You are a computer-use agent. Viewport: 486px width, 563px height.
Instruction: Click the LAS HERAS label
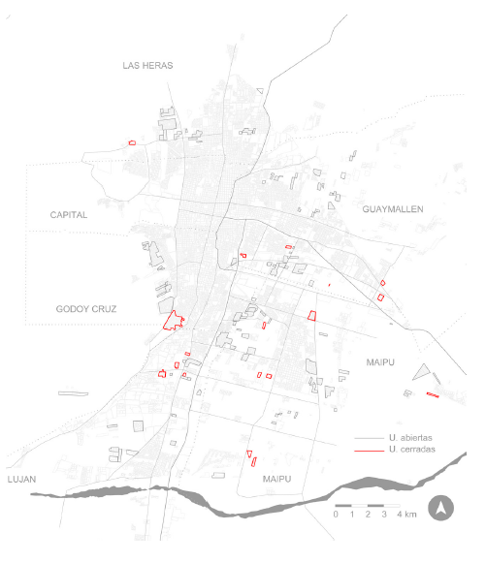(147, 65)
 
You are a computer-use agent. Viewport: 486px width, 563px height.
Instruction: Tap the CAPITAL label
(69, 214)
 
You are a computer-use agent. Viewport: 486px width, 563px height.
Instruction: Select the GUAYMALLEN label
(393, 209)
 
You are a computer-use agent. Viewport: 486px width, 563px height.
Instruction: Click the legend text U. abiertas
(410, 439)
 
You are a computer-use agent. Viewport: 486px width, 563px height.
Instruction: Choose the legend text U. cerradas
(410, 451)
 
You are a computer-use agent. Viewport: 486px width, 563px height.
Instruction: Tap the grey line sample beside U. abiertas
(367, 439)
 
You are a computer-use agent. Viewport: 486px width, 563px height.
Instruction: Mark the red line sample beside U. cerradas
(367, 451)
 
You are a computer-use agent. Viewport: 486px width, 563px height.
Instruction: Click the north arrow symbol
(441, 506)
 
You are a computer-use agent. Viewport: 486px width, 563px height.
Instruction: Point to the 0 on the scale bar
(335, 515)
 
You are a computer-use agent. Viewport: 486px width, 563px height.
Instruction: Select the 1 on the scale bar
(351, 515)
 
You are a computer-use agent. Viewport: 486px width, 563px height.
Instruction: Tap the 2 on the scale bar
(368, 515)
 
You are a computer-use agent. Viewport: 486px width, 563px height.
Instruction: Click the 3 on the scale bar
(384, 515)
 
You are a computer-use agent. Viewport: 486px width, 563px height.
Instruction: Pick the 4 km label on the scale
(405, 515)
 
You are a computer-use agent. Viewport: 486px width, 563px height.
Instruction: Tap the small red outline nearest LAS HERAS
(131, 142)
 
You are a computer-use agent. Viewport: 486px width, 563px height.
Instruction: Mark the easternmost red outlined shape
(433, 394)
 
